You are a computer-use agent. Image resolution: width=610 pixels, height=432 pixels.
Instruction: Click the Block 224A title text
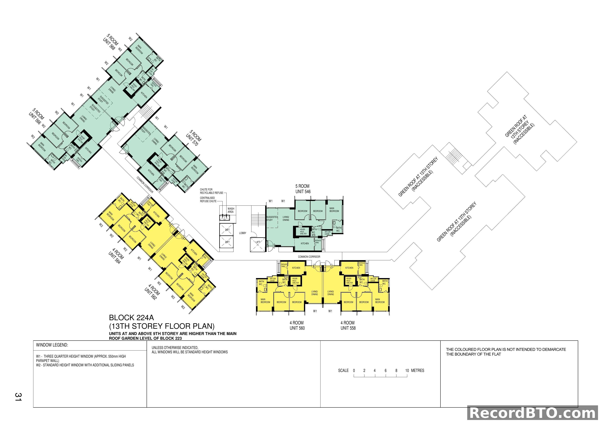click(x=131, y=318)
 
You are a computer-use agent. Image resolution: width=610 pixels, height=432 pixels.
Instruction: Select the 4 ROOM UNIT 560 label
click(x=297, y=325)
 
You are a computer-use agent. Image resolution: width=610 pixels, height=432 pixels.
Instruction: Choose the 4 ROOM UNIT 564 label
click(x=116, y=256)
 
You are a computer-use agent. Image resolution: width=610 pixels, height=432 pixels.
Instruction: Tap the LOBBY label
click(x=243, y=233)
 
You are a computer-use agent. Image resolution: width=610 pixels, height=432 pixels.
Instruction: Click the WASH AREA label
click(x=231, y=210)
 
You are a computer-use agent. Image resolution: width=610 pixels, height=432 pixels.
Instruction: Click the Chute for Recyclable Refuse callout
click(x=211, y=191)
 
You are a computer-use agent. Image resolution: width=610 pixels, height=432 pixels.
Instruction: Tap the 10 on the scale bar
click(x=407, y=371)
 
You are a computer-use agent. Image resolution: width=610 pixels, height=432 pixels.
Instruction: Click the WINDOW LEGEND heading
click(x=52, y=345)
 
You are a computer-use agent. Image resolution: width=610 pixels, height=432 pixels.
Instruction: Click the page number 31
click(x=18, y=397)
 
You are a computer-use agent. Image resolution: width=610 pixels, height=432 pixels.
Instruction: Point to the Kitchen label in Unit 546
click(x=305, y=243)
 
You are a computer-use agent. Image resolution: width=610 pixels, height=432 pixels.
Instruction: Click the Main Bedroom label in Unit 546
click(x=334, y=210)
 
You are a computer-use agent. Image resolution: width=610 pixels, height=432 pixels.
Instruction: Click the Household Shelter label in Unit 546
click(x=303, y=231)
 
